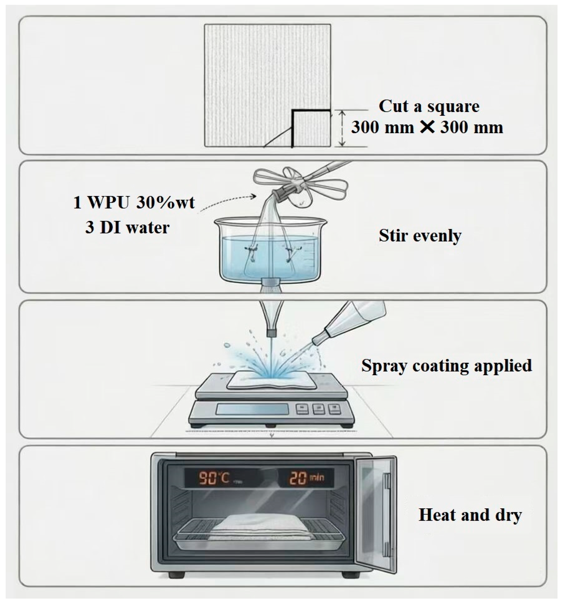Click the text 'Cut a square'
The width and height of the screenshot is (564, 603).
pos(429,106)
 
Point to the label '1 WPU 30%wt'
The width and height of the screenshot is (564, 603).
pos(134,202)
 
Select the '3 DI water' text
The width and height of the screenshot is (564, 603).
pos(127,228)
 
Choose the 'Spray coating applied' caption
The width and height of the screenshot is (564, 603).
pos(446,366)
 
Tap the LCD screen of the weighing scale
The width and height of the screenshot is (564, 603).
pos(252,409)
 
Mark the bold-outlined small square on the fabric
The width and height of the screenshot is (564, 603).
pos(311,129)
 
